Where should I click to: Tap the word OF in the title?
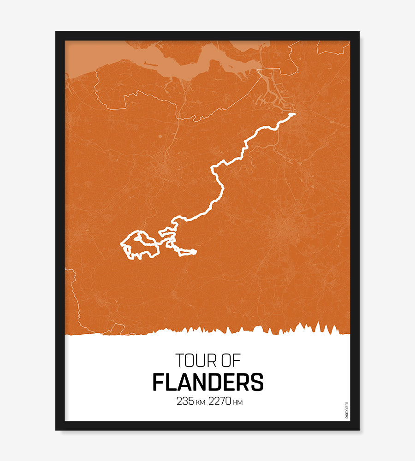tap(229, 360)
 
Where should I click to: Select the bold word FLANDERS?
tap(207, 382)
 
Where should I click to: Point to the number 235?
tap(184, 402)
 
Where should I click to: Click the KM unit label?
tap(200, 403)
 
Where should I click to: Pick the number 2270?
tap(220, 402)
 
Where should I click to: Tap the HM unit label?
tap(238, 403)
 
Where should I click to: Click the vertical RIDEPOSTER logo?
tap(347, 410)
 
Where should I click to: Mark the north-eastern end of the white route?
tap(293, 114)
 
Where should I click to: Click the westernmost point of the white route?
tap(121, 243)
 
